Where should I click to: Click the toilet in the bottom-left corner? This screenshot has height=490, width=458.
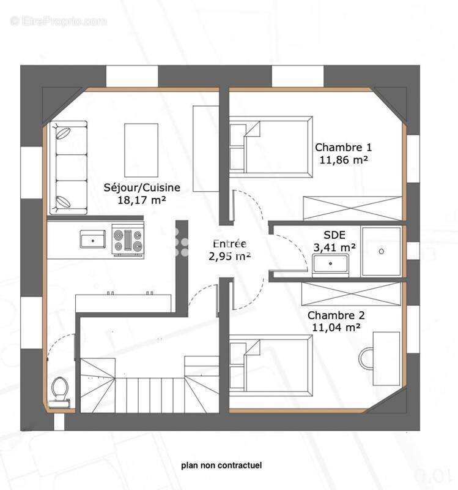pos(61,390)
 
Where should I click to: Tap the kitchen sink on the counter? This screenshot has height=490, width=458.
pos(93,239)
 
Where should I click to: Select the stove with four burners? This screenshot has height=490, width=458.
pos(128,239)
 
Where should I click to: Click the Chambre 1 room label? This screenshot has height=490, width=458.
pos(343,147)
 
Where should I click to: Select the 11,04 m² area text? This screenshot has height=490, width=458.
pos(336,328)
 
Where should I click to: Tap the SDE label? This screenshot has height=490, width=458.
pos(334,235)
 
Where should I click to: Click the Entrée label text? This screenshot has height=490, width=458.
pos(229,243)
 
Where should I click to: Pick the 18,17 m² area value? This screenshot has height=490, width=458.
pos(142,199)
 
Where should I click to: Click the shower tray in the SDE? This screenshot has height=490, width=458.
pos(382,251)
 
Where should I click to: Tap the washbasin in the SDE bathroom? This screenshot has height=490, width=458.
pos(330,263)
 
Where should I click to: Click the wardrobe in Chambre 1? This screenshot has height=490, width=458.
pos(353,208)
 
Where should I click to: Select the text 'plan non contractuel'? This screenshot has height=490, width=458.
pos(221,466)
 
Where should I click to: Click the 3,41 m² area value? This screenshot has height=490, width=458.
pos(335,247)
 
